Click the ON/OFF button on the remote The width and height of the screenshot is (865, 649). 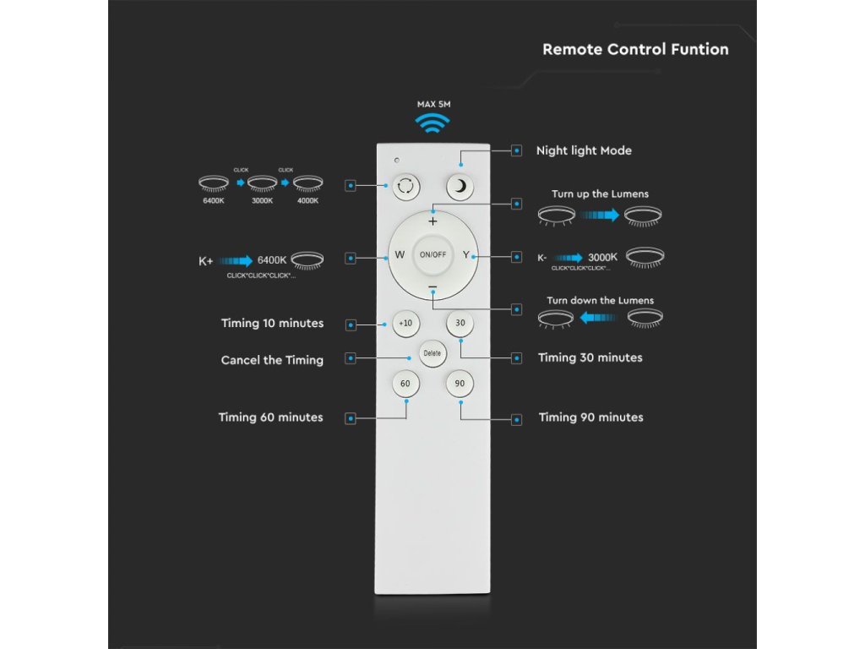pos(432,254)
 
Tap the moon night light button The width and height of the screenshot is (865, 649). pos(460,187)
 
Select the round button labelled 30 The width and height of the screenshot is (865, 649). pos(460,323)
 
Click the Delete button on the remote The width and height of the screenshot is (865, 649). pos(432,353)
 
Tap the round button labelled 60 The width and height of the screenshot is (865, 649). pos(405,384)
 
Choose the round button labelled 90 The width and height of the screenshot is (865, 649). pos(460,384)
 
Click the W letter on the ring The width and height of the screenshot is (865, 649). pos(400,254)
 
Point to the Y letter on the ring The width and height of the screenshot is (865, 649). pos(465,254)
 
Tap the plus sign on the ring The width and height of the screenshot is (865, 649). pos(432,221)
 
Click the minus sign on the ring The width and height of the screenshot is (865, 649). pos(432,288)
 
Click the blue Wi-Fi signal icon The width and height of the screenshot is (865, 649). pos(433,124)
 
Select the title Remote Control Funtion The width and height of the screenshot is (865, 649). pos(635,49)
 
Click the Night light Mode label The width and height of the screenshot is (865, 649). pos(584,150)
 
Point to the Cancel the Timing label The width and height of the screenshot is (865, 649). pos(272,360)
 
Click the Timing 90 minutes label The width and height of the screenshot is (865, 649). pos(590,417)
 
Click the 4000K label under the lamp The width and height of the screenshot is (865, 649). pos(307,200)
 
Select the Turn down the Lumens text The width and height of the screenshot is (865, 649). pos(600,300)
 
